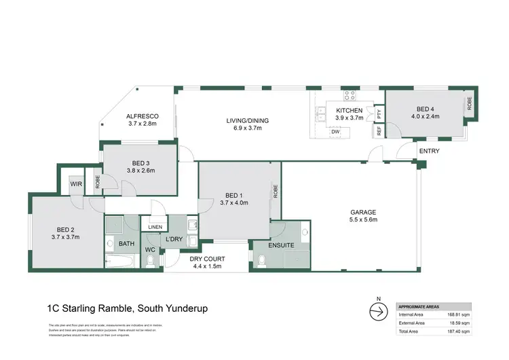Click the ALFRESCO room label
[x=142, y=116]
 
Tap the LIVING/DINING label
[x=248, y=121]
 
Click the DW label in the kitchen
[x=335, y=132]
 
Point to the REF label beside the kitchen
[x=379, y=130]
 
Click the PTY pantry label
[x=379, y=113]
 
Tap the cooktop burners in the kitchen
[x=350, y=95]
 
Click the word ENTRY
[x=428, y=151]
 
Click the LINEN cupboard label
[x=155, y=228]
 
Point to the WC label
[x=151, y=249]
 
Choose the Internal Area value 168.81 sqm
[x=456, y=314]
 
